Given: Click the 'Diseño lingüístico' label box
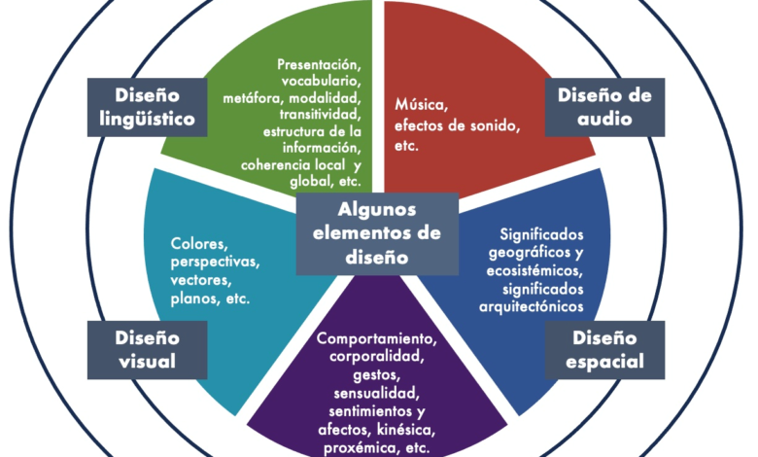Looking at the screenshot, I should (x=149, y=107).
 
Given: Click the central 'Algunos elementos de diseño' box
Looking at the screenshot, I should (x=377, y=233).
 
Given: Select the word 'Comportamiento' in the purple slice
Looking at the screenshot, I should (x=377, y=339).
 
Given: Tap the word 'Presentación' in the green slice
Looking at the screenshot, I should (x=318, y=62).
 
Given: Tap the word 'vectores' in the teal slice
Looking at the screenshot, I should (x=200, y=280).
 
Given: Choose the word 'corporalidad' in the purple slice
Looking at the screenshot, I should (x=377, y=357).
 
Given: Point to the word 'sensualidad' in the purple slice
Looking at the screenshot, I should (x=377, y=394).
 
